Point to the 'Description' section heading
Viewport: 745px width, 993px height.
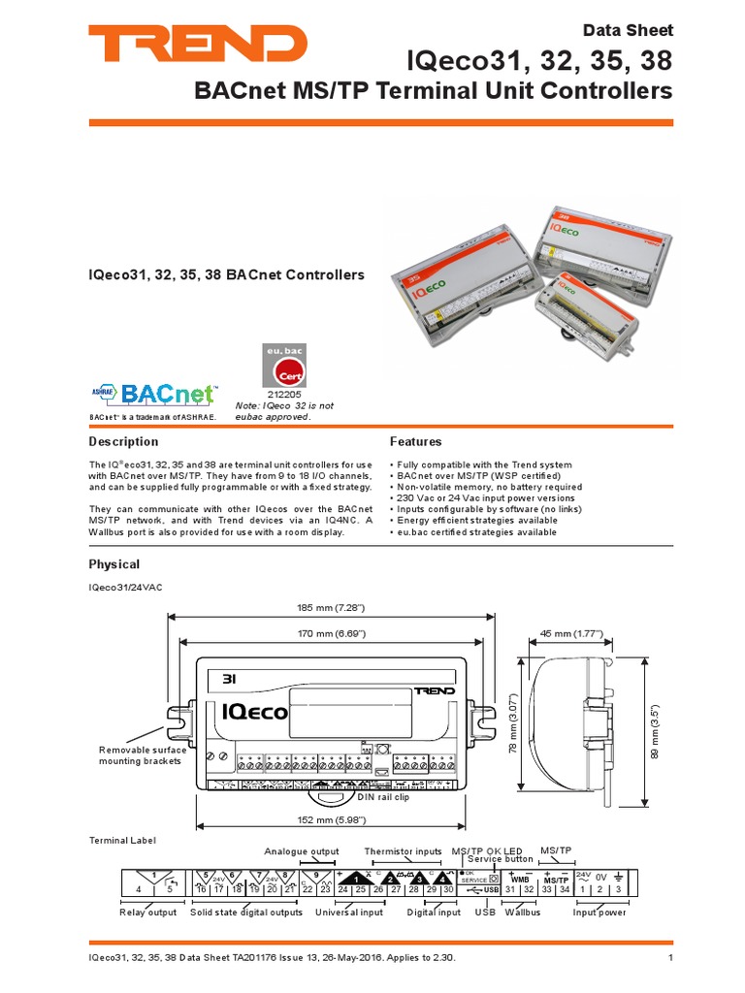(x=123, y=441)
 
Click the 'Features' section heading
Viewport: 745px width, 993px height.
(x=415, y=441)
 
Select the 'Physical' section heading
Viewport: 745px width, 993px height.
(x=114, y=564)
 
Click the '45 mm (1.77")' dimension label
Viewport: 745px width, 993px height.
(x=571, y=633)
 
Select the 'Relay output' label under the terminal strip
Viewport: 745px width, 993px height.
(x=147, y=913)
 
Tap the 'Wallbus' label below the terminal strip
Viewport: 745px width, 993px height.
(x=522, y=913)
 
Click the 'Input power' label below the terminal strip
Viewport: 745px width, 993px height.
(x=599, y=913)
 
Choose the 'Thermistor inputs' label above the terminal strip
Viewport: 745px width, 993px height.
(x=403, y=851)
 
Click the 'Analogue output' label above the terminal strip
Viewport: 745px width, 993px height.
(x=302, y=851)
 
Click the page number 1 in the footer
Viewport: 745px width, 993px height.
(x=670, y=959)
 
